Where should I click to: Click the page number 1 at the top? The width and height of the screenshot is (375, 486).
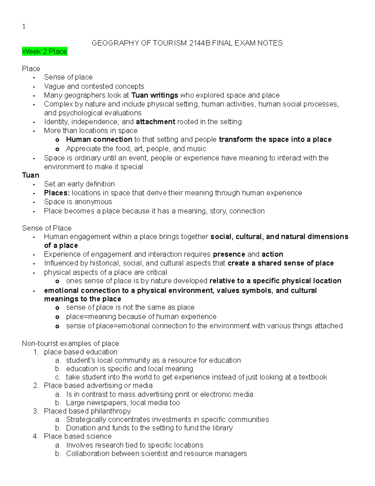pyautogui.click(x=24, y=27)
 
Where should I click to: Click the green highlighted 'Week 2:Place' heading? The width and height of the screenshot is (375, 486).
pyautogui.click(x=44, y=52)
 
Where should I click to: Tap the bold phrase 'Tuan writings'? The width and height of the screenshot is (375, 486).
pyautogui.click(x=155, y=95)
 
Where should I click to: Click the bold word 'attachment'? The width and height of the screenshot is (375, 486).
pyautogui.click(x=155, y=122)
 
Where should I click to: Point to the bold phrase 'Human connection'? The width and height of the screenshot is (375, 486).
pyautogui.click(x=99, y=140)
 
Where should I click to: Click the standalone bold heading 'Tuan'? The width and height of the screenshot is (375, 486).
pyautogui.click(x=30, y=175)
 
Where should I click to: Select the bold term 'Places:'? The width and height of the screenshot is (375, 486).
pyautogui.click(x=57, y=193)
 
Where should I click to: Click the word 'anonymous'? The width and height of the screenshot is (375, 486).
pyautogui.click(x=94, y=202)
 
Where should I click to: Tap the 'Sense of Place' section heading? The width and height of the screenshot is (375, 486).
pyautogui.click(x=47, y=228)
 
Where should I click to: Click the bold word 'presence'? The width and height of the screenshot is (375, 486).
pyautogui.click(x=229, y=254)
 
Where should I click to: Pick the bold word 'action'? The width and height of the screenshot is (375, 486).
pyautogui.click(x=272, y=254)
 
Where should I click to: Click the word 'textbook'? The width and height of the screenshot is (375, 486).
pyautogui.click(x=313, y=377)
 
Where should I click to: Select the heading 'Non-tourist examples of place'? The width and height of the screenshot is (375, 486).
pyautogui.click(x=70, y=344)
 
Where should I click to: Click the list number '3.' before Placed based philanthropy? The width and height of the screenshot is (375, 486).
pyautogui.click(x=36, y=411)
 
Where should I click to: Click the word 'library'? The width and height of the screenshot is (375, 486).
pyautogui.click(x=222, y=428)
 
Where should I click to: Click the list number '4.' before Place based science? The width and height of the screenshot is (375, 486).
pyautogui.click(x=36, y=437)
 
